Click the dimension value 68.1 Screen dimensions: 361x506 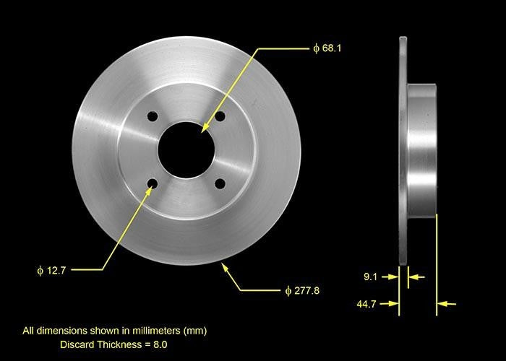point(331,48)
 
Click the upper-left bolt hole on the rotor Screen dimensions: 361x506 point(152,116)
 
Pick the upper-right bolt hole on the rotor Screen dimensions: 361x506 point(220,116)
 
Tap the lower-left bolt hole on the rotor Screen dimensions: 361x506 point(152,184)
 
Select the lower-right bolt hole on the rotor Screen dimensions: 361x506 point(220,184)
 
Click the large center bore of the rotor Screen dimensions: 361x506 point(186,150)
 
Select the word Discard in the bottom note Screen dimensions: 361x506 point(76,344)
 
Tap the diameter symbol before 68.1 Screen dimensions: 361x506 point(316,48)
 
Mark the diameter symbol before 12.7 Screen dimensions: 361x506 point(41,271)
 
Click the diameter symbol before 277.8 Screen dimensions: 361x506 point(288,291)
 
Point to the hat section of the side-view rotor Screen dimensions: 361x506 point(421,150)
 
